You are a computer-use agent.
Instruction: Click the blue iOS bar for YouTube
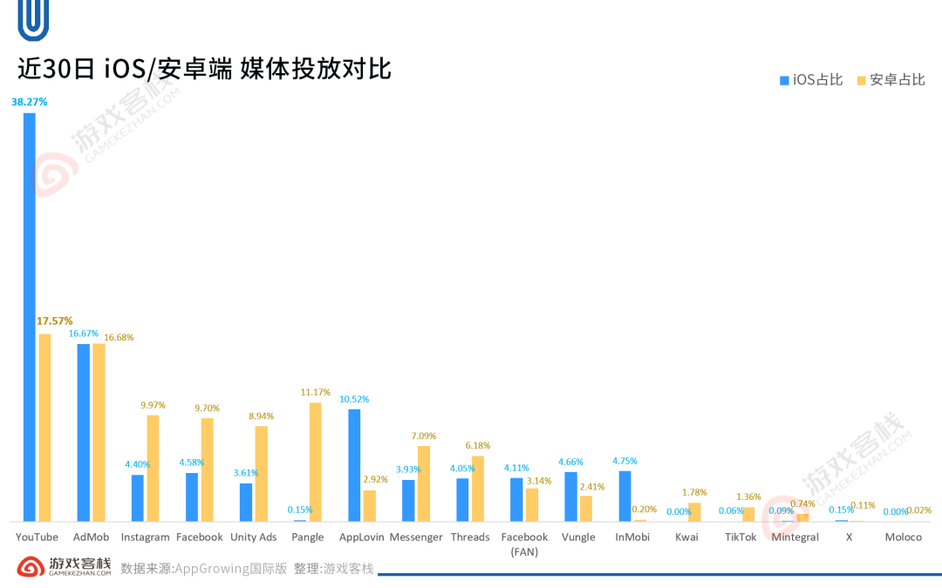[30, 317]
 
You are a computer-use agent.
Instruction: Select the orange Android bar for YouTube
[45, 427]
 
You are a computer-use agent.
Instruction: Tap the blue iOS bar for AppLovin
[354, 465]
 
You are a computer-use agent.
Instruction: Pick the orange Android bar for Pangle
[316, 462]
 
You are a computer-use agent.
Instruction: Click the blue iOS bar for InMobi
[625, 496]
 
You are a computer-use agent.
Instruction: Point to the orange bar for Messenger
[424, 483]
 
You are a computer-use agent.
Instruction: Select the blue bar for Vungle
[570, 497]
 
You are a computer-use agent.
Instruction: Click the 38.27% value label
[30, 102]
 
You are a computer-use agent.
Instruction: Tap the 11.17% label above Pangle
[316, 392]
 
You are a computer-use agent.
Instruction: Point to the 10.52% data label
[354, 399]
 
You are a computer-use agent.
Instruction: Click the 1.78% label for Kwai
[694, 492]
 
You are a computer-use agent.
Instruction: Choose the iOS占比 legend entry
[811, 80]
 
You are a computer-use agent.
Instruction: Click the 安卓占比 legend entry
[891, 80]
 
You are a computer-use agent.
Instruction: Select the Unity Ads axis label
[254, 537]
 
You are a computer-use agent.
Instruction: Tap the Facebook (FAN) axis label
[524, 544]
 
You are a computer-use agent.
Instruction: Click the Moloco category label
[903, 537]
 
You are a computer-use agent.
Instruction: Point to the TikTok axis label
[741, 537]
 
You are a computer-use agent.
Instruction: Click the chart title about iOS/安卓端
[204, 69]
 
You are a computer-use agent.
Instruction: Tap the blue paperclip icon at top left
[33, 20]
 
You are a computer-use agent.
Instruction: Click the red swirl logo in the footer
[31, 566]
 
